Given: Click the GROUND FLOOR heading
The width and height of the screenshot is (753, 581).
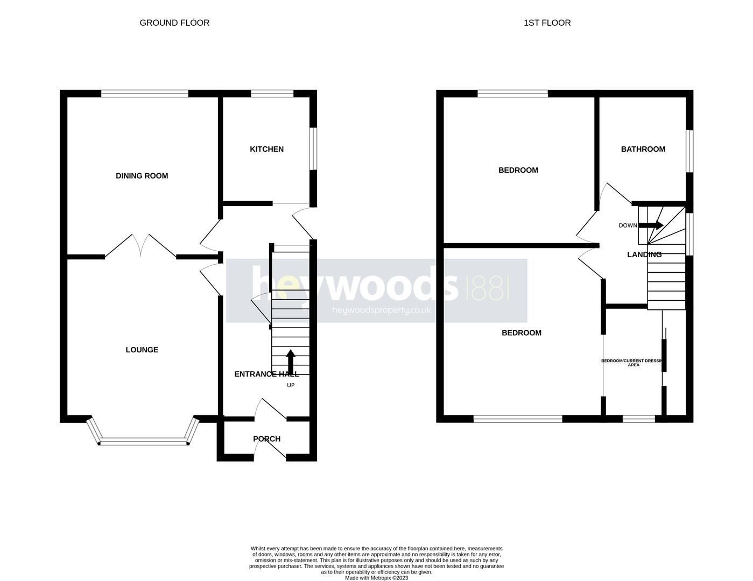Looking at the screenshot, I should (174, 23).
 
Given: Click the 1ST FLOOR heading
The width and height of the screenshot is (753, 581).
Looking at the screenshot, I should (547, 23).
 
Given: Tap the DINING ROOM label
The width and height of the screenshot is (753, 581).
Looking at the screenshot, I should (142, 176).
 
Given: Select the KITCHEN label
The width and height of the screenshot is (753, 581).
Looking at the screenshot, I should (266, 149).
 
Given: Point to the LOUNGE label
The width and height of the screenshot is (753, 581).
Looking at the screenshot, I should (142, 350).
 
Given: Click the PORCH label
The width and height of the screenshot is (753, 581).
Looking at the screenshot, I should (266, 439).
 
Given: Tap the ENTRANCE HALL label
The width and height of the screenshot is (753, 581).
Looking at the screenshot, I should (266, 374).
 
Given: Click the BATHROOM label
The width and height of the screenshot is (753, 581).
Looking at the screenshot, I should (643, 149).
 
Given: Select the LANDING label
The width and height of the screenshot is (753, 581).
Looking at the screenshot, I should (644, 254).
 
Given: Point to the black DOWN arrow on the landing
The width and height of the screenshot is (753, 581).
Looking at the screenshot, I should (651, 225).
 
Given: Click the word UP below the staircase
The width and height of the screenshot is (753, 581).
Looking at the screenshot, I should (291, 385).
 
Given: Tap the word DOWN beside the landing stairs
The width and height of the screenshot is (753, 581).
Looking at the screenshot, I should (628, 225).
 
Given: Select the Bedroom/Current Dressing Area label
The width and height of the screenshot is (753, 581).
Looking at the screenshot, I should (634, 363).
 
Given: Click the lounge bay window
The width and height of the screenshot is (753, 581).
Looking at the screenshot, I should (143, 442).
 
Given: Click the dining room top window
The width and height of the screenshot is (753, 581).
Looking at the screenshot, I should (145, 94).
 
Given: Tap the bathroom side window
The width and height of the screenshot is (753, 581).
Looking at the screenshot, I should (689, 151).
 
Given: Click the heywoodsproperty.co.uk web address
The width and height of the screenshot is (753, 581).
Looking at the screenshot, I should (381, 310).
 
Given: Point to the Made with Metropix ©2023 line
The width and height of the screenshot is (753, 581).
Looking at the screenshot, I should (376, 578).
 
